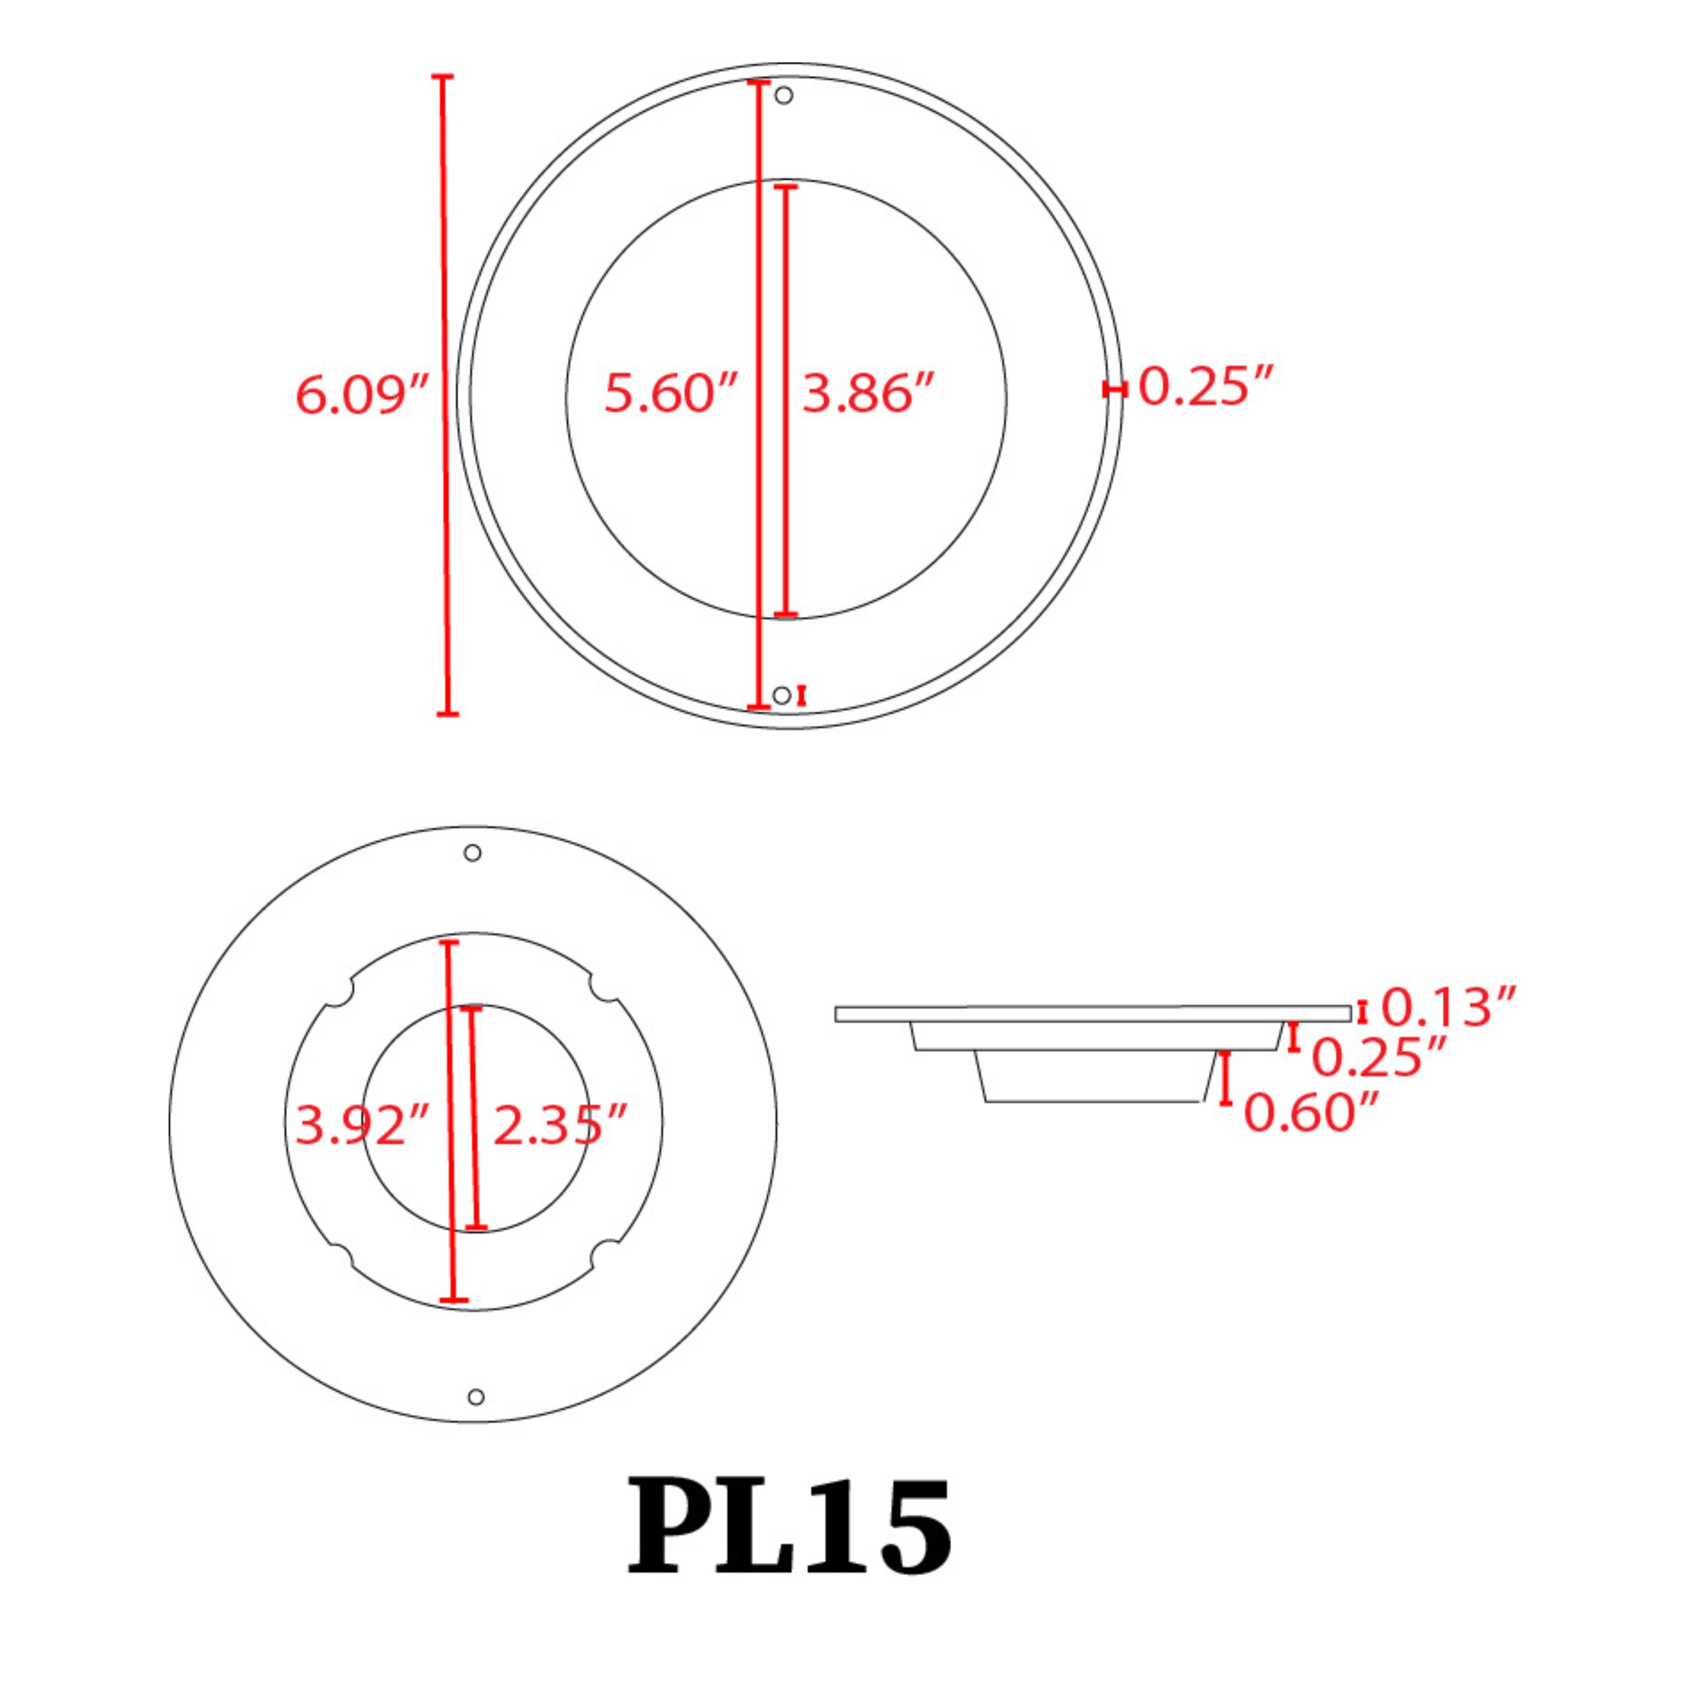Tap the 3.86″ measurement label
tap(868, 393)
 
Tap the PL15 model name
tap(789, 1526)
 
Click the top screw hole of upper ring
tap(784, 95)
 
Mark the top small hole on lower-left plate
tap(473, 853)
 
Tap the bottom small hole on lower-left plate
tap(476, 1397)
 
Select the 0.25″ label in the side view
tap(1379, 1057)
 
